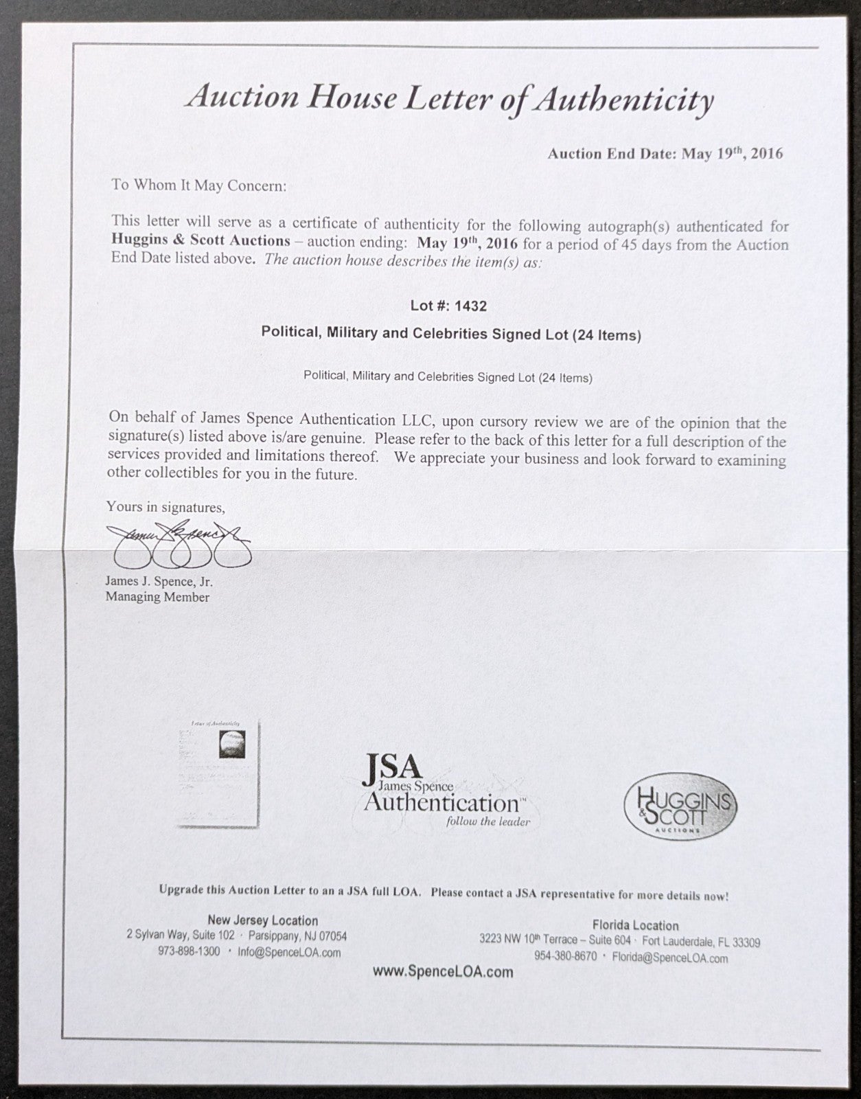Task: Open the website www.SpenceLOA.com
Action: point(443,971)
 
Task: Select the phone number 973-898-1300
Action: point(188,951)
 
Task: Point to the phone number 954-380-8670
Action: point(565,956)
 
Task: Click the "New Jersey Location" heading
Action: point(262,920)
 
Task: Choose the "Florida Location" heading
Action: point(635,925)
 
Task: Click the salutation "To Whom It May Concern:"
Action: point(198,185)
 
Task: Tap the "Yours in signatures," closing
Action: point(165,507)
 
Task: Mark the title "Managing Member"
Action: point(157,597)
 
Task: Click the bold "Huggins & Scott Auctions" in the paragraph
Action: point(200,241)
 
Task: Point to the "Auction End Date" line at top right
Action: point(665,153)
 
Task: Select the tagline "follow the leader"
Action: point(488,821)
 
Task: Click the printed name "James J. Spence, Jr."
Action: point(159,581)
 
